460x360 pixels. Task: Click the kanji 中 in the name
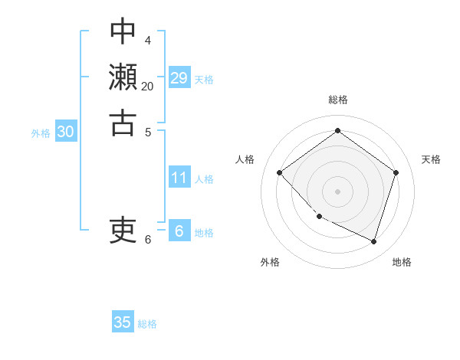pyautogui.click(x=123, y=32)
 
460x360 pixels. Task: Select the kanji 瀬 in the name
pyautogui.click(x=123, y=77)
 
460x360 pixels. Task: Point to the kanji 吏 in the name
pyautogui.click(x=123, y=229)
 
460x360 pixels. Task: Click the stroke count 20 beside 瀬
pyautogui.click(x=147, y=86)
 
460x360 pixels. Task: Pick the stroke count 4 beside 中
pyautogui.click(x=147, y=39)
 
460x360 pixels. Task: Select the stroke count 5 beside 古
pyautogui.click(x=147, y=131)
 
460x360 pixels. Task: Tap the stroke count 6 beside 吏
pyautogui.click(x=148, y=239)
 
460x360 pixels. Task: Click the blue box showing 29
pyautogui.click(x=179, y=77)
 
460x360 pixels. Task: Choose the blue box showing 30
pyautogui.click(x=66, y=132)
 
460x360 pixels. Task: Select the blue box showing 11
pyautogui.click(x=179, y=178)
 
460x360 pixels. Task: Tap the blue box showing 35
pyautogui.click(x=123, y=322)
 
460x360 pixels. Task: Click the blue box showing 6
pyautogui.click(x=179, y=231)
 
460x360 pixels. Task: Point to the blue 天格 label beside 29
pyautogui.click(x=204, y=79)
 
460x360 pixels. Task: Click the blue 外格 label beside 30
pyautogui.click(x=41, y=133)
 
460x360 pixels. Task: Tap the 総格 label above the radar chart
pyautogui.click(x=337, y=100)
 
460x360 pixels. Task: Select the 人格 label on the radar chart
pyautogui.click(x=245, y=159)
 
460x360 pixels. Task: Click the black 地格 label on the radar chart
pyautogui.click(x=402, y=262)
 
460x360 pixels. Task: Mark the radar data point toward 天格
pyautogui.click(x=396, y=172)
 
